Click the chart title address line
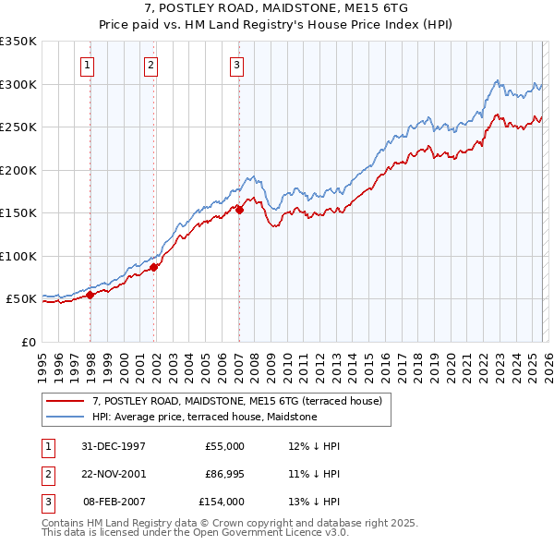276,7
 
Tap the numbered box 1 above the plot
86,65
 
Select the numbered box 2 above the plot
150,65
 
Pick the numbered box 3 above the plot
236,65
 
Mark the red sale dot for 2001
154,268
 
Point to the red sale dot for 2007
239,210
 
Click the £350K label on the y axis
18,42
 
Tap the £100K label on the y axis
18,256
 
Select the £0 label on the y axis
28,342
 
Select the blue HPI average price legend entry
204,417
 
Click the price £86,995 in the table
222,474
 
